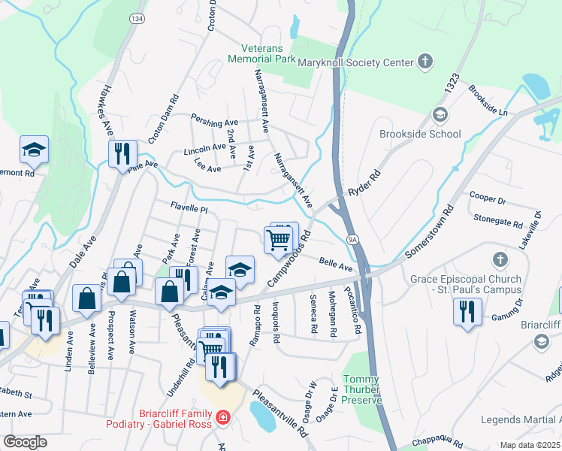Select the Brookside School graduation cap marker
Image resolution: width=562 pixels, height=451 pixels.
[x=440, y=115]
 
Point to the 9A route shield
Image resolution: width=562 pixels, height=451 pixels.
[x=352, y=239]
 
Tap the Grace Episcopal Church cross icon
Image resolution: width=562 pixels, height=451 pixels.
[x=499, y=260]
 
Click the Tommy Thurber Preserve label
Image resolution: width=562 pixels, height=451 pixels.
[x=362, y=389]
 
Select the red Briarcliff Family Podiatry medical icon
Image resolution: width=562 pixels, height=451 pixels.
[x=222, y=416]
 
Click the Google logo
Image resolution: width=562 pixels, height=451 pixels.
[x=25, y=442]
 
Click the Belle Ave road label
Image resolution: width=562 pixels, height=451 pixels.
[x=335, y=265]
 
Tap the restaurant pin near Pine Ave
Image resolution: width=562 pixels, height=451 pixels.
[x=121, y=154]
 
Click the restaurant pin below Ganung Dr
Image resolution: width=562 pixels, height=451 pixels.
[x=468, y=311]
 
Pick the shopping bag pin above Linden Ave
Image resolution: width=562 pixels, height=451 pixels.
[x=87, y=298]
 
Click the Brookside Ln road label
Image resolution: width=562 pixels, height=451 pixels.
[x=488, y=102]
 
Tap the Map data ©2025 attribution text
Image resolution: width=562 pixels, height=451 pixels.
[x=530, y=445]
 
